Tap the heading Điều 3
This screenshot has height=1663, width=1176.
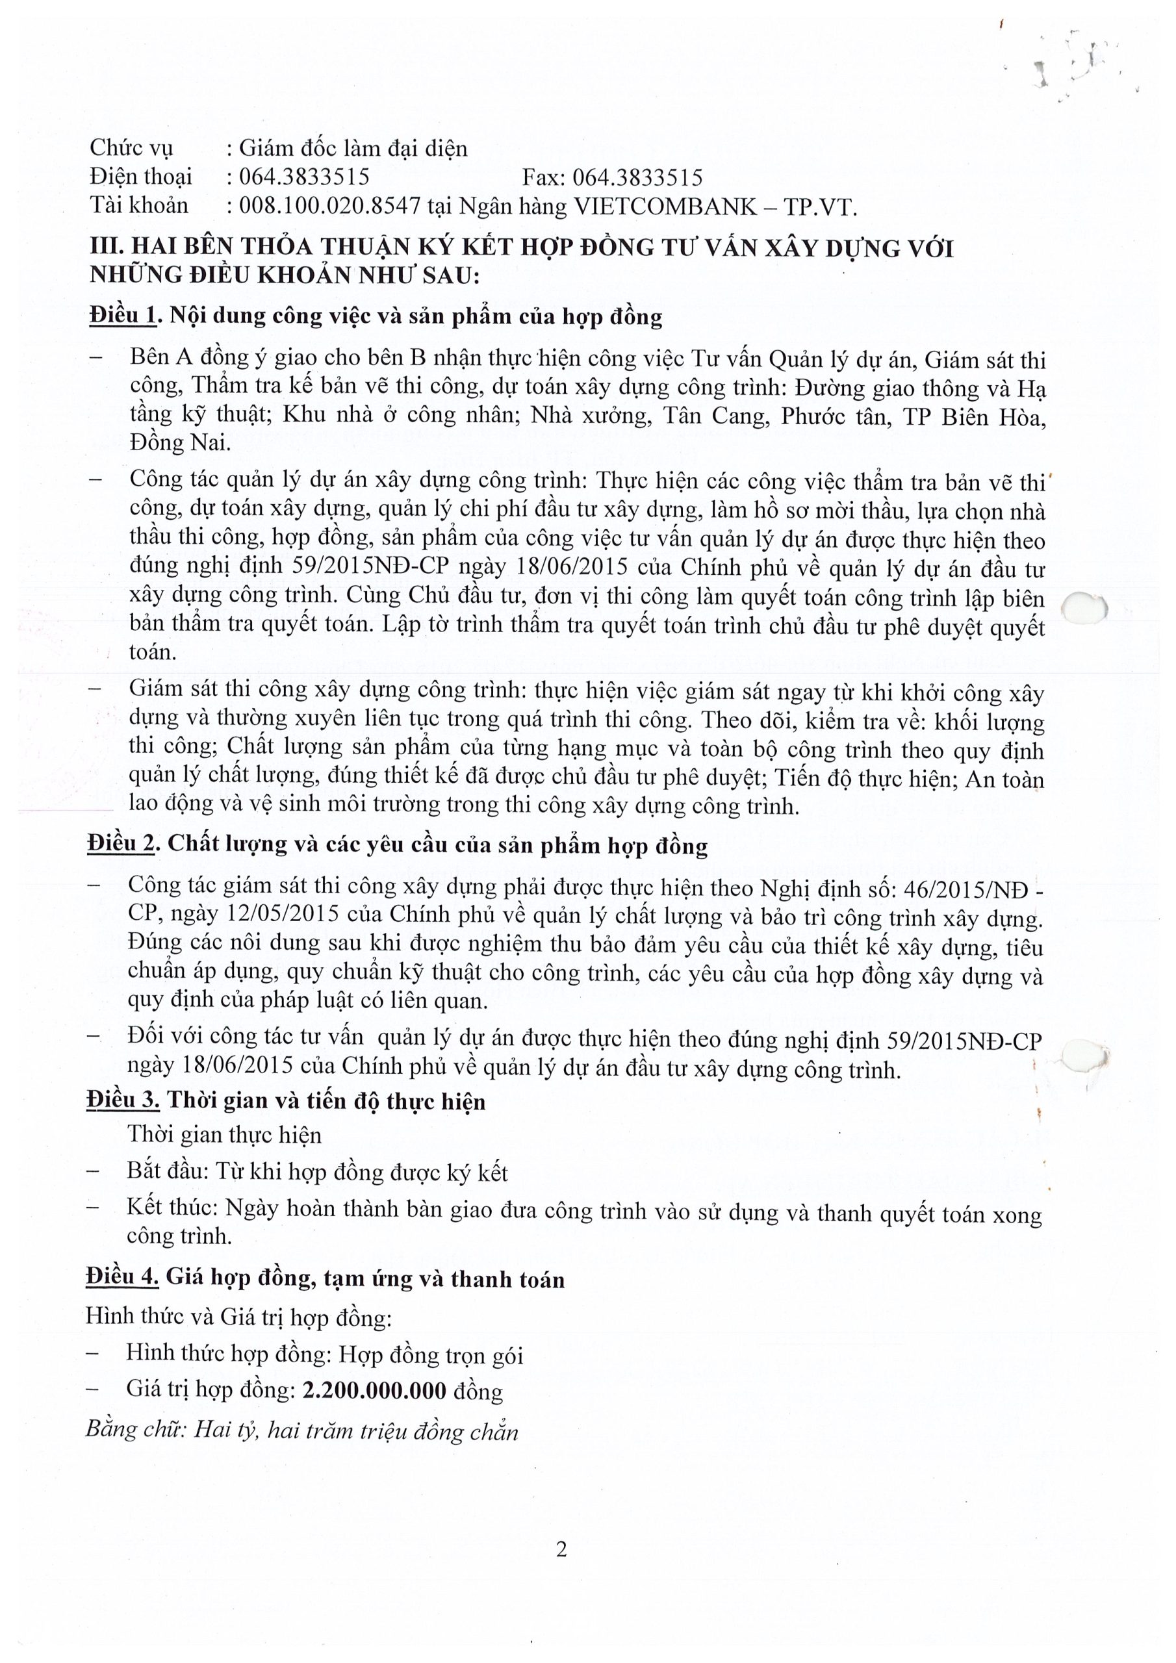[121, 1100]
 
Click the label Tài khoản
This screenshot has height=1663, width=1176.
[138, 206]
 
